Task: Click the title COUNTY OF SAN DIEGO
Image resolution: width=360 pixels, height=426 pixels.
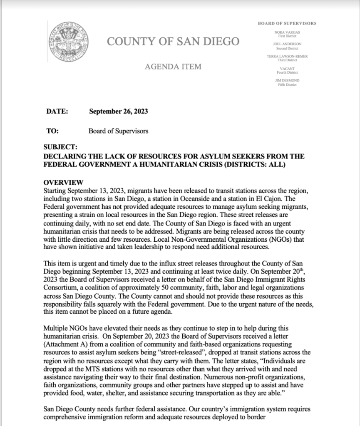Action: [x=173, y=41]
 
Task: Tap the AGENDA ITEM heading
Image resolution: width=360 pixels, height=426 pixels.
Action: [x=173, y=67]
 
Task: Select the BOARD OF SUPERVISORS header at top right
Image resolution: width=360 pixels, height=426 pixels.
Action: [x=287, y=23]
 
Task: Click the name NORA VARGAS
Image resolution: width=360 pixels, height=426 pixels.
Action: [x=287, y=32]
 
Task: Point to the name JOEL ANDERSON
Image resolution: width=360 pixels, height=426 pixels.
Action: [x=287, y=44]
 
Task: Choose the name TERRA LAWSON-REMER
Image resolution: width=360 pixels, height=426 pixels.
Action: [x=287, y=56]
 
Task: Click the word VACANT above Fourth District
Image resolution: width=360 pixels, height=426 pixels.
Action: [x=287, y=68]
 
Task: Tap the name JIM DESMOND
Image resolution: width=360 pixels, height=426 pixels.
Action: [x=287, y=80]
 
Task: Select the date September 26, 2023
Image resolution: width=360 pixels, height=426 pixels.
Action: [x=119, y=111]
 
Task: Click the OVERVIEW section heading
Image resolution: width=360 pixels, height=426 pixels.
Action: [x=64, y=182]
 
